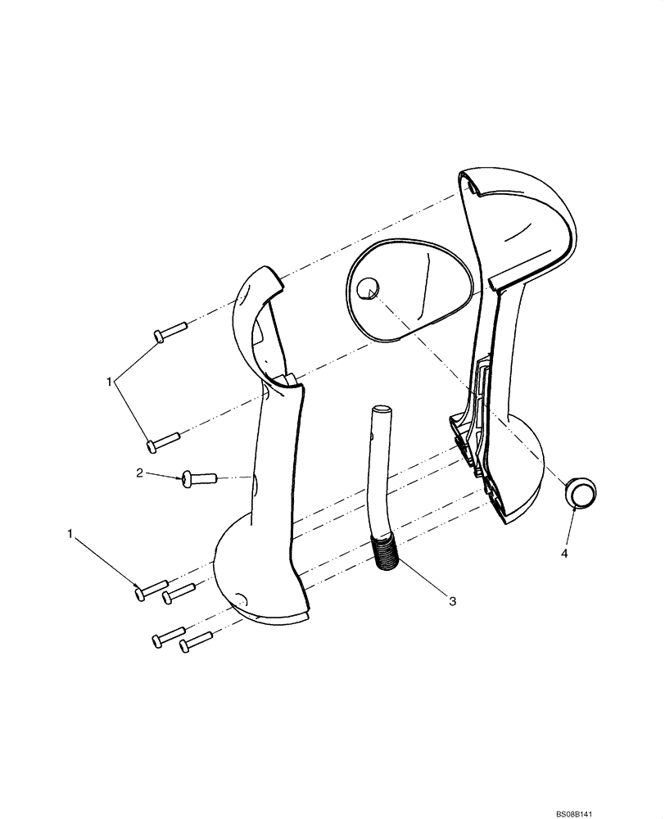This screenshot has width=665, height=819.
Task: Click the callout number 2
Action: coord(139,473)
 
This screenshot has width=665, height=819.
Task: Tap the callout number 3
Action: coord(451,602)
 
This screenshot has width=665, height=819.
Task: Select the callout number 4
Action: coord(564,554)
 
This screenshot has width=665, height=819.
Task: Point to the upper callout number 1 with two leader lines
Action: coord(109,381)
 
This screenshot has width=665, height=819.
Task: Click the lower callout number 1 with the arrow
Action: coord(70,534)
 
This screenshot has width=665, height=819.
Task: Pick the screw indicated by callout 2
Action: coord(197,476)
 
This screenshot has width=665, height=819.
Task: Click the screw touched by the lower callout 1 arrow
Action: coord(151,589)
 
